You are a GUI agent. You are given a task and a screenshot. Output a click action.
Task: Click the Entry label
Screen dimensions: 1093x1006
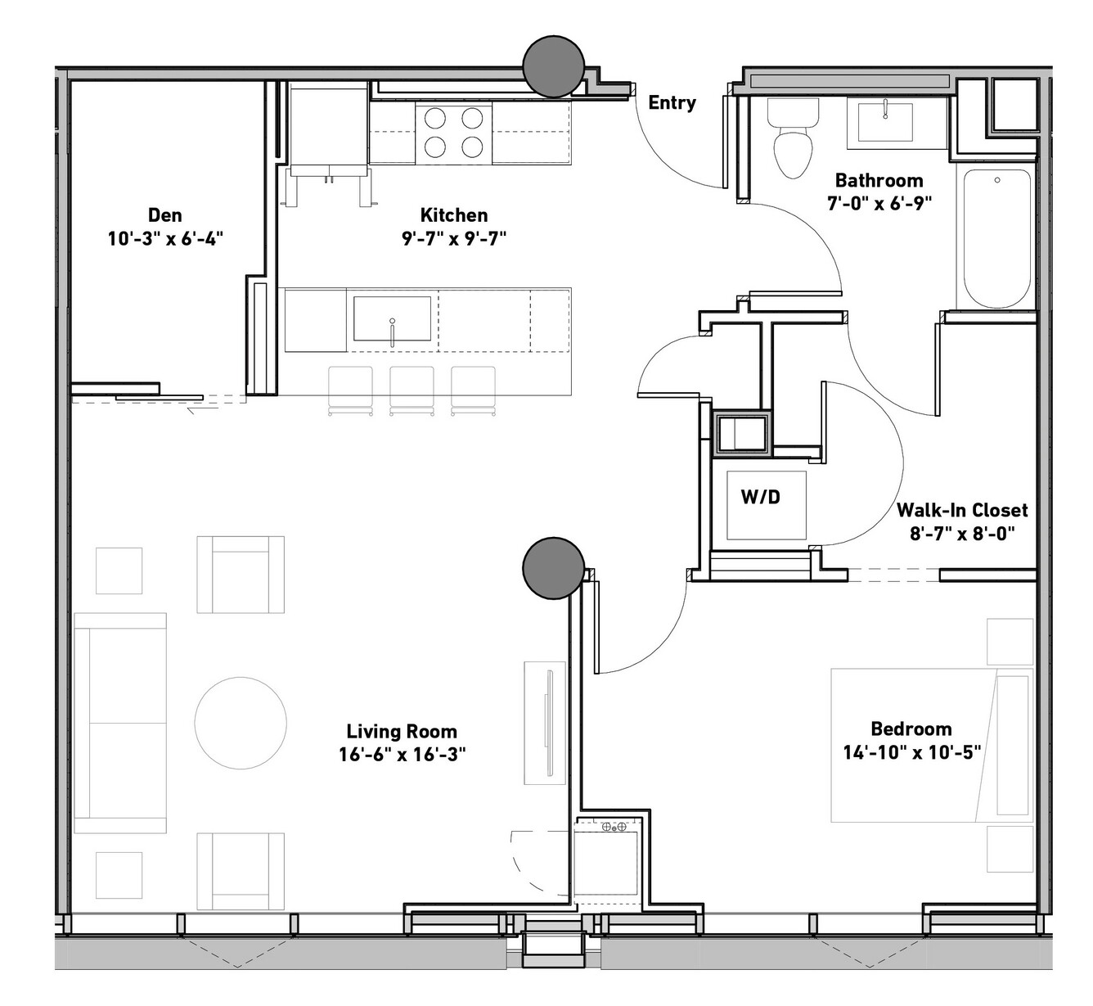click(672, 102)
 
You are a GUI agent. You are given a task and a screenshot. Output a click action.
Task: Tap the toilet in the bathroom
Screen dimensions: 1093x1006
click(793, 138)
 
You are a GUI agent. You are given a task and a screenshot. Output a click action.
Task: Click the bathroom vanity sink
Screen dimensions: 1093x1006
click(885, 122)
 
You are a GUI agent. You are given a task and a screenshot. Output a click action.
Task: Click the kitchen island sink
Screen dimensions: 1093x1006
click(392, 319)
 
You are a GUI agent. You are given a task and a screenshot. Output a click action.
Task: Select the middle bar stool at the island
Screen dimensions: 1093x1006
click(412, 391)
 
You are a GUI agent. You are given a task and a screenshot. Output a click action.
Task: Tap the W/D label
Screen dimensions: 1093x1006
click(760, 496)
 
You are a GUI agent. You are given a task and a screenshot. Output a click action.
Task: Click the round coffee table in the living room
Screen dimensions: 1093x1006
click(241, 723)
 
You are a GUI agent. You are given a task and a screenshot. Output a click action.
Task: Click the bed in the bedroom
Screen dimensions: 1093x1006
click(932, 746)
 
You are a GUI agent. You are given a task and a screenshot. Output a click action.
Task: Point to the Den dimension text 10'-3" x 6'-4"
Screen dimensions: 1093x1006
click(165, 239)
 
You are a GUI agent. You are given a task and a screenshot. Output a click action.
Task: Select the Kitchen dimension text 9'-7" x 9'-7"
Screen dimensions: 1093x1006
click(454, 239)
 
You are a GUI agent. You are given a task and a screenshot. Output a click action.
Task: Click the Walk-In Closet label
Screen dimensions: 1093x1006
click(962, 510)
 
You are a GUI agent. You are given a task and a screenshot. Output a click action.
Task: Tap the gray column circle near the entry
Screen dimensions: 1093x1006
click(554, 66)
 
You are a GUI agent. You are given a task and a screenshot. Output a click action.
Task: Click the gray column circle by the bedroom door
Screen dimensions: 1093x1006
click(554, 568)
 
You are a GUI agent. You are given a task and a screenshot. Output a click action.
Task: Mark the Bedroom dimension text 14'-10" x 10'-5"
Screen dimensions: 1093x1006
click(911, 752)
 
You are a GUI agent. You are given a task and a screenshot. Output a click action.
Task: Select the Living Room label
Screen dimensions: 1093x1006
click(402, 731)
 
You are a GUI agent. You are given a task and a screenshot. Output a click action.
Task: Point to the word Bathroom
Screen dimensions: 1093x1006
click(879, 180)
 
